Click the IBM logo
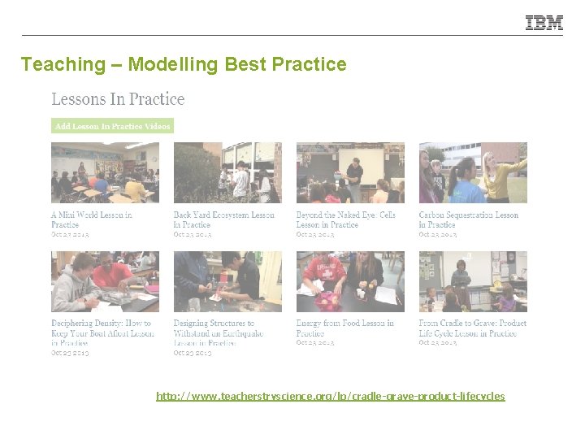pyautogui.click(x=544, y=24)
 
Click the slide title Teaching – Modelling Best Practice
pyautogui.click(x=184, y=64)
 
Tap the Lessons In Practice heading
pyautogui.click(x=118, y=99)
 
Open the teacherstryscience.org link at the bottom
pyautogui.click(x=331, y=396)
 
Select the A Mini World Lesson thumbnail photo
pyautogui.click(x=105, y=172)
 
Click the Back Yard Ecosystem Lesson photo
pyautogui.click(x=227, y=172)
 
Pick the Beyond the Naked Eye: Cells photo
pyautogui.click(x=350, y=172)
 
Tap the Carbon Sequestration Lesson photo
pyautogui.click(x=473, y=172)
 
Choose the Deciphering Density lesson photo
pyautogui.click(x=105, y=281)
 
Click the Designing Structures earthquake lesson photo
pyautogui.click(x=227, y=281)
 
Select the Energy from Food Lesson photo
pyautogui.click(x=350, y=281)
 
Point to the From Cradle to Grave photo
pyautogui.click(x=473, y=281)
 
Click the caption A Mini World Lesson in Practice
pyautogui.click(x=91, y=219)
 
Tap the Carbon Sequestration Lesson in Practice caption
pyautogui.click(x=468, y=219)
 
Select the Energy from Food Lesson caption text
pyautogui.click(x=344, y=328)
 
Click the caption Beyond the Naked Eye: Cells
pyautogui.click(x=345, y=219)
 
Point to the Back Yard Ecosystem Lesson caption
pyautogui.click(x=223, y=219)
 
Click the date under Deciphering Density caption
pyautogui.click(x=70, y=353)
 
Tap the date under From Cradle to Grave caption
pyautogui.click(x=438, y=343)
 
